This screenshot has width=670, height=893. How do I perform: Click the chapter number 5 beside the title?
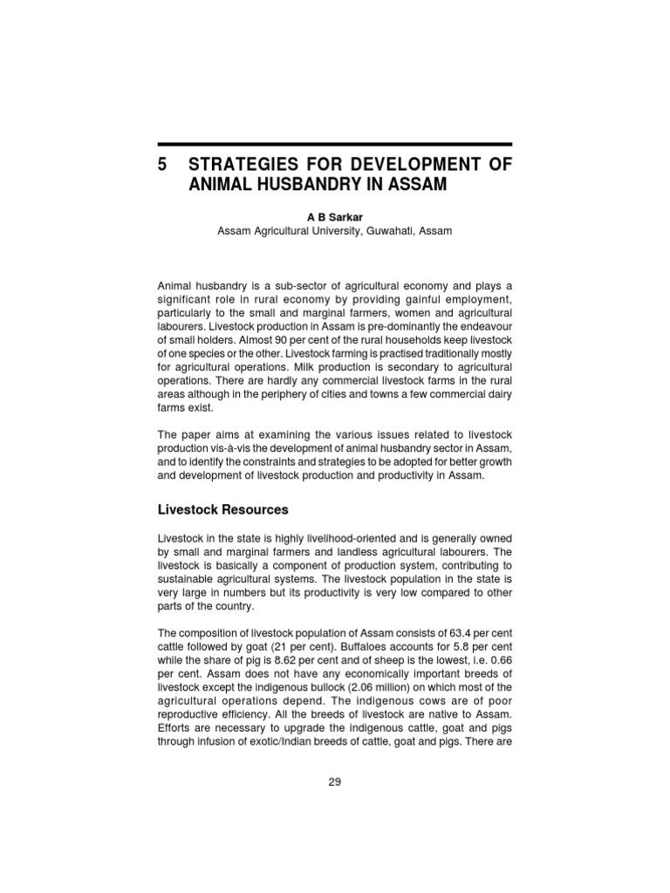coord(162,165)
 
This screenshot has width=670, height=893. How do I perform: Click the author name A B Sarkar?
coord(334,215)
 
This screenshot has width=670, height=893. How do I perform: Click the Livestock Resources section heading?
coord(222,508)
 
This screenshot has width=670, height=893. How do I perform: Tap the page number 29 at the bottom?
coord(335,781)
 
